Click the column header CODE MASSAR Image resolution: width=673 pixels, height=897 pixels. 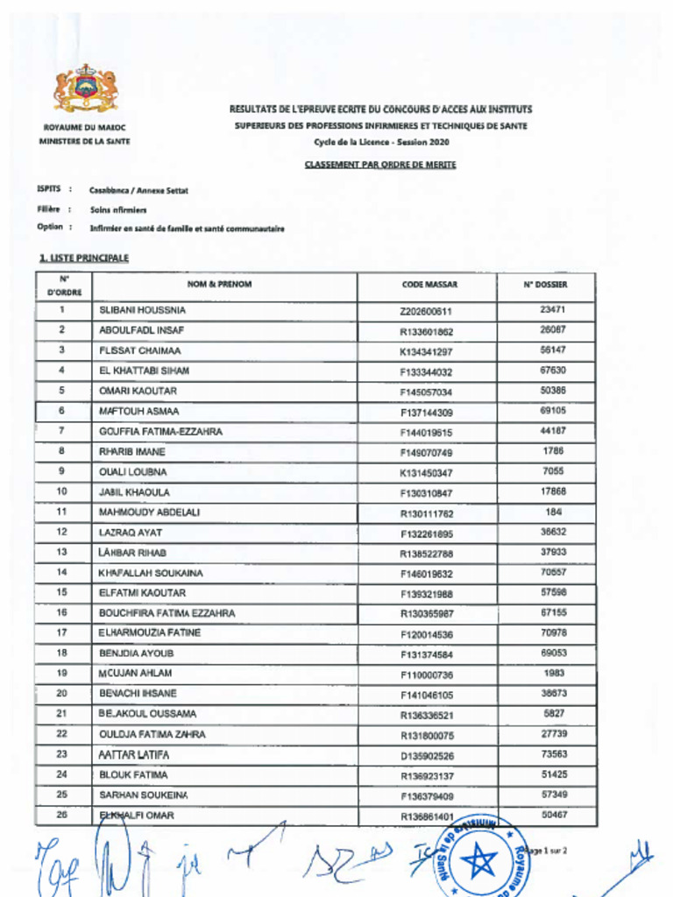pyautogui.click(x=429, y=285)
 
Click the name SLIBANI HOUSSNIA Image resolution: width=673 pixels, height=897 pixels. pyautogui.click(x=142, y=310)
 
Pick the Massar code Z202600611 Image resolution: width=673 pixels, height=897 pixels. pyautogui.click(x=426, y=311)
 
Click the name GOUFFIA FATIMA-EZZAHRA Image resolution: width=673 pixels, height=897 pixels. pyautogui.click(x=160, y=432)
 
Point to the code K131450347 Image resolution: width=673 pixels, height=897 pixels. pyautogui.click(x=426, y=473)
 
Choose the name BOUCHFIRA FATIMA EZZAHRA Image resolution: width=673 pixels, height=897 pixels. pyautogui.click(x=166, y=613)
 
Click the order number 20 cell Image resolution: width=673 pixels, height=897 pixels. pyautogui.click(x=62, y=694)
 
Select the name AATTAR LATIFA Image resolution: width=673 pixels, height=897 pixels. pyautogui.click(x=134, y=754)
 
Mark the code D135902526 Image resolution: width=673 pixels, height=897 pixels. pyautogui.click(x=426, y=755)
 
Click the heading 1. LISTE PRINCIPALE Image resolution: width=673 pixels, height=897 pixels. pyautogui.click(x=84, y=258)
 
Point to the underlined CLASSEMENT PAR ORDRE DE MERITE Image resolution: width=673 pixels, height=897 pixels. pyautogui.click(x=380, y=164)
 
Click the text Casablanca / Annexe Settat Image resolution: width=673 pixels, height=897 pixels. pyautogui.click(x=138, y=190)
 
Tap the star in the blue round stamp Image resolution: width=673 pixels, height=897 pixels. pyautogui.click(x=479, y=862)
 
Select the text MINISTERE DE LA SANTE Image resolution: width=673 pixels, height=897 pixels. pyautogui.click(x=85, y=141)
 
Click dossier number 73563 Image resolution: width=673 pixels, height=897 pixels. pyautogui.click(x=553, y=754)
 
